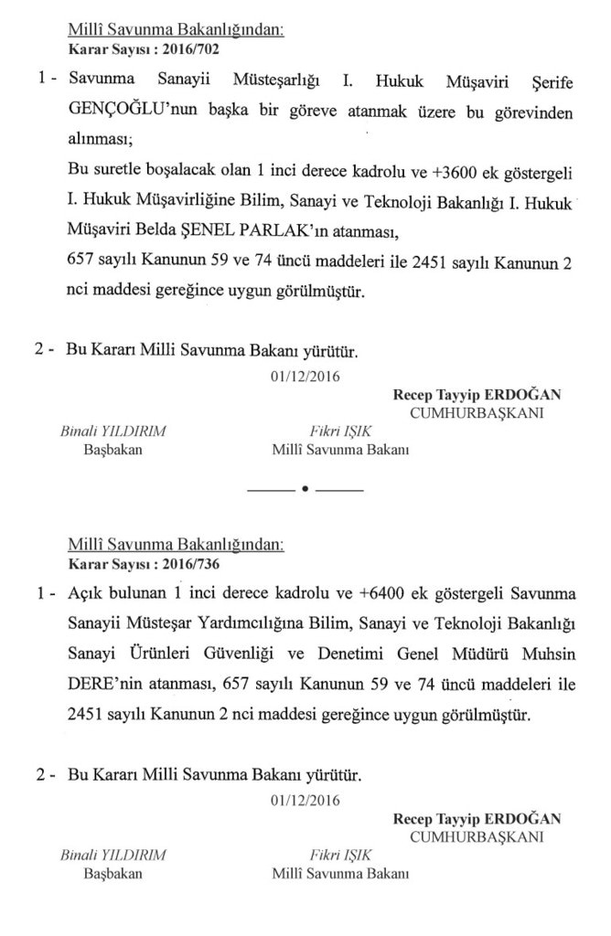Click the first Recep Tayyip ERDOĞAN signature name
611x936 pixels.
click(477, 395)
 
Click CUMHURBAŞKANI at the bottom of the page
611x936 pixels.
click(477, 836)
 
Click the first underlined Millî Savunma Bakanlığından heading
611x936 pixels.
click(177, 29)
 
